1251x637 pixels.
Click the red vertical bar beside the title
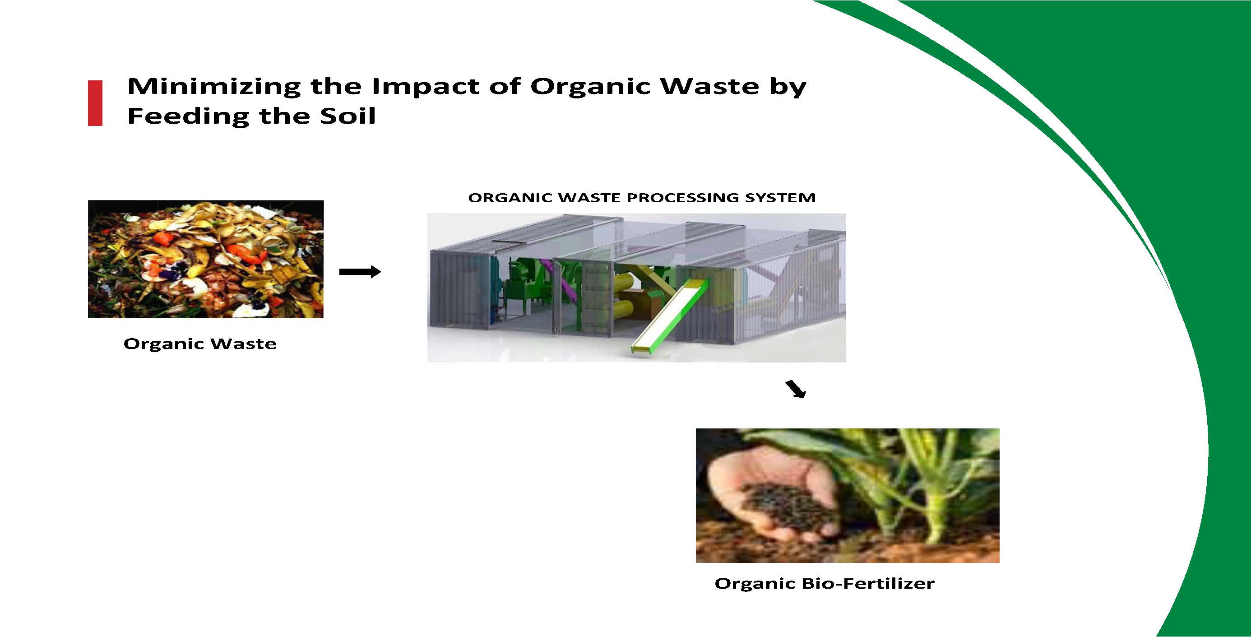tap(95, 103)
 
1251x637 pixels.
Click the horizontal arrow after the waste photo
tap(360, 272)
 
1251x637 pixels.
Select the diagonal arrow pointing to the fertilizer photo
tap(796, 389)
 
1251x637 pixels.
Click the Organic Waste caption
tap(200, 344)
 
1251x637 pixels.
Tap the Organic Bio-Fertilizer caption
tap(825, 583)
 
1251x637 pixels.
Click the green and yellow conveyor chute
tap(670, 316)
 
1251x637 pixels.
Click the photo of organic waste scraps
tap(206, 259)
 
